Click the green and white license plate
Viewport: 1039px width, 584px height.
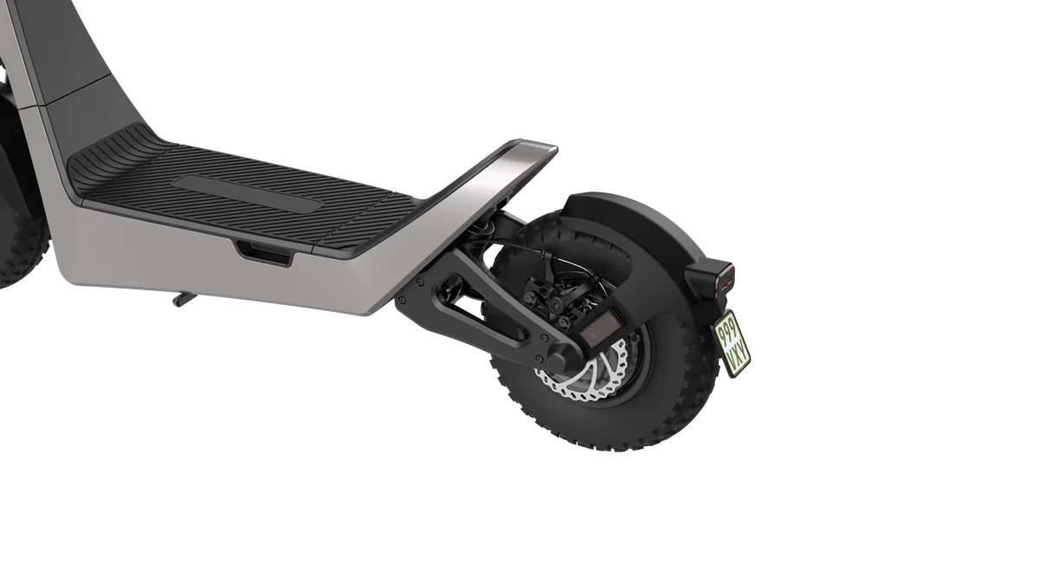[x=732, y=342]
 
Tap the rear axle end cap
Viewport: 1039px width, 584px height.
[x=561, y=359]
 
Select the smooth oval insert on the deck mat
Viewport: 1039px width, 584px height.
[x=245, y=193]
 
